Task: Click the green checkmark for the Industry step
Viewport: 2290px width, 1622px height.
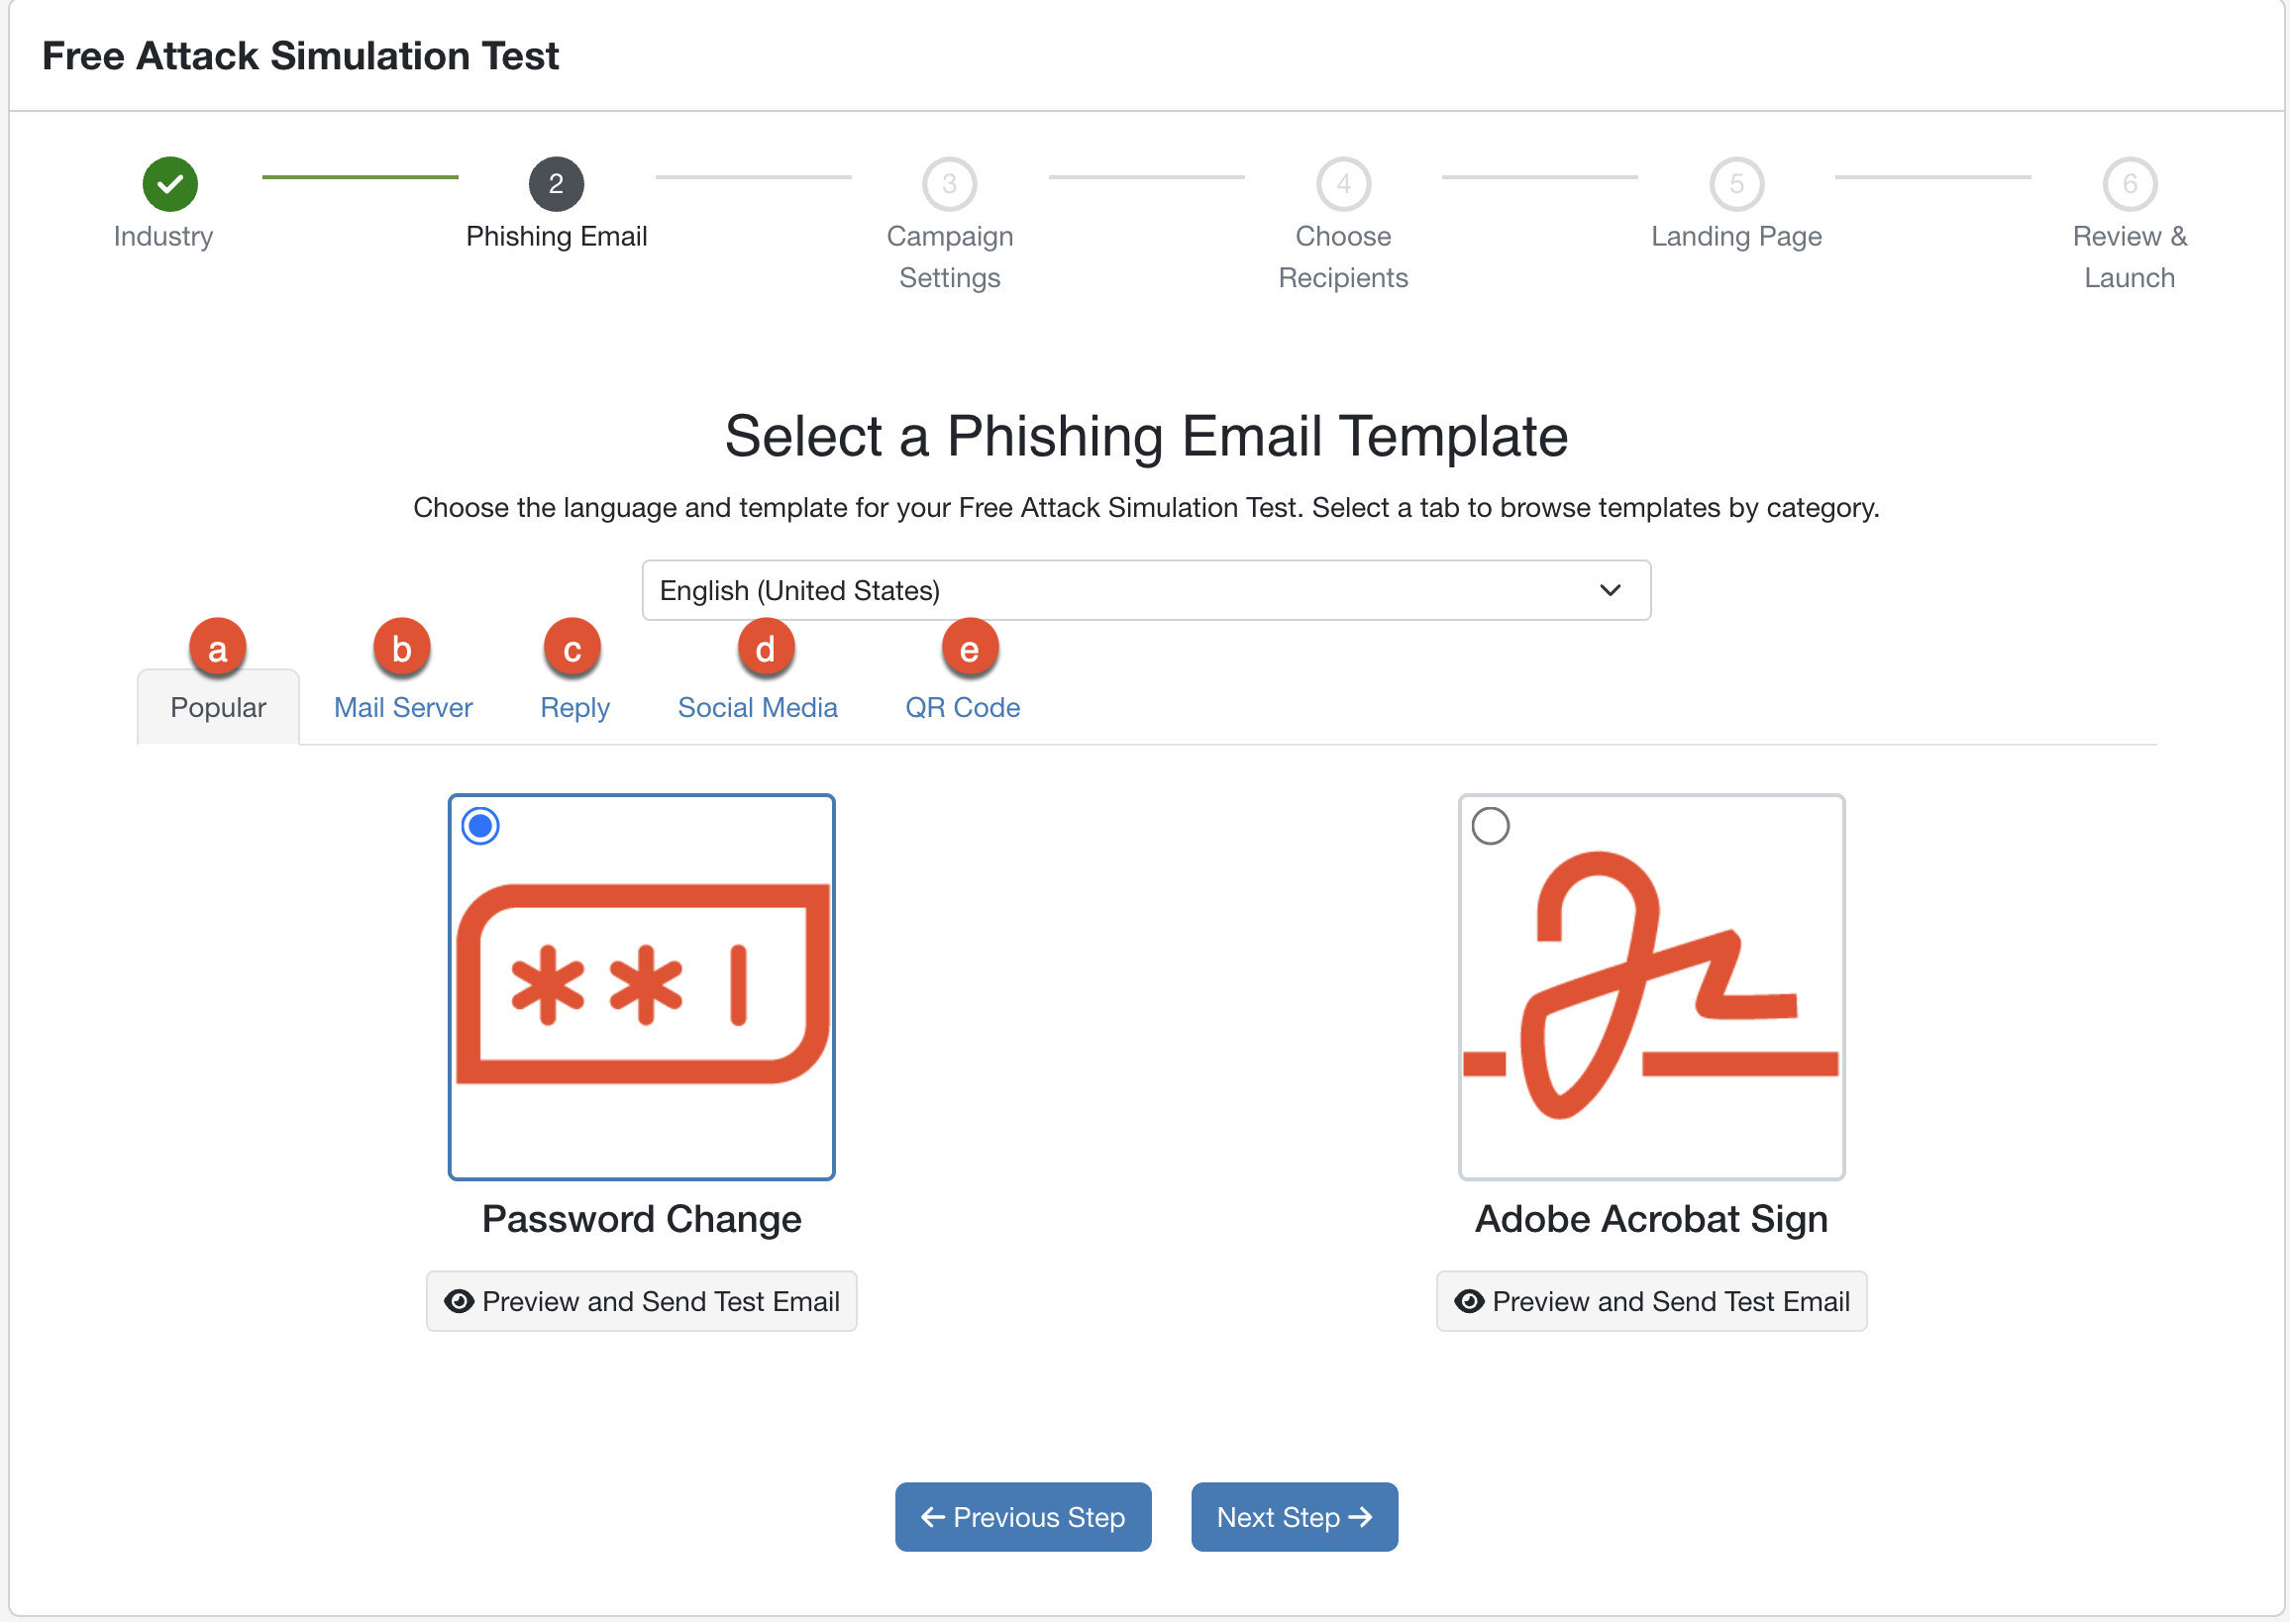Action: (169, 184)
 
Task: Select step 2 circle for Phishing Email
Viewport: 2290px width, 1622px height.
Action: (557, 184)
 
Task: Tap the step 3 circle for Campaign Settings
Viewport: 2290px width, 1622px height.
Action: (949, 184)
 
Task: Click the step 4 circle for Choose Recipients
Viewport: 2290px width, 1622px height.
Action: (1344, 184)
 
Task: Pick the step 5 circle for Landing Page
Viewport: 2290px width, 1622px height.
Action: (1736, 184)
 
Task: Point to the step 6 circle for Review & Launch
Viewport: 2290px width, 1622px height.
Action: (2131, 184)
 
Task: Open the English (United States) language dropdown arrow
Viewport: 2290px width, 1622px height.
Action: (1610, 590)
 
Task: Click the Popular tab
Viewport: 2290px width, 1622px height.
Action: (218, 707)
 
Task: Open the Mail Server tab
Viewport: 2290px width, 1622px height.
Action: (403, 707)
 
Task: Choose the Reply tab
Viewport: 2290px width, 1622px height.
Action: (574, 707)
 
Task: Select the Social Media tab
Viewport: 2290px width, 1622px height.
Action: (758, 707)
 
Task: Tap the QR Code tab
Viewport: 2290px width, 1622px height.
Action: (962, 707)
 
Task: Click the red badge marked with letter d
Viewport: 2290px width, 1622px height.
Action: (766, 649)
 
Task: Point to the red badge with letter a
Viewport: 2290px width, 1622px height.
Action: (217, 649)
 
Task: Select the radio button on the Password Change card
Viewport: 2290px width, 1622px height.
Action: (480, 826)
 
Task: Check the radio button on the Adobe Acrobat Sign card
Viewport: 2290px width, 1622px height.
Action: (1491, 826)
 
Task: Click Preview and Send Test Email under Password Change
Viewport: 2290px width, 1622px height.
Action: (642, 1301)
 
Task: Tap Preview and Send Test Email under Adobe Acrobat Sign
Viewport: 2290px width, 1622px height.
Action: (1651, 1301)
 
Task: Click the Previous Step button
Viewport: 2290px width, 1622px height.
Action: (1023, 1517)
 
